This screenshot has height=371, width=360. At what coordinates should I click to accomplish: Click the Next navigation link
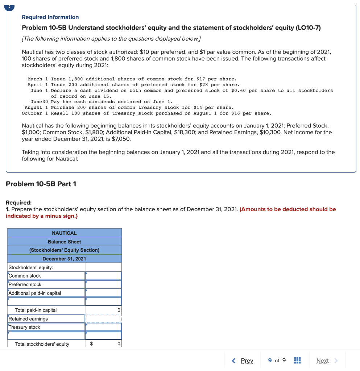coord(322,360)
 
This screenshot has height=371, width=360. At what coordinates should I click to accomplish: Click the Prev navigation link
coord(247,360)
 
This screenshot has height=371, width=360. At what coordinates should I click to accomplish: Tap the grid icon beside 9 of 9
coord(297,360)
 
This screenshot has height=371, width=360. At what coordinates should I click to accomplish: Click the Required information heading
coord(50,17)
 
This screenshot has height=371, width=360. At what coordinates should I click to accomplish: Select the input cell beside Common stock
coord(103,276)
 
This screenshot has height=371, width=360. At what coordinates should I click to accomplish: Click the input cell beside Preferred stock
coord(103,284)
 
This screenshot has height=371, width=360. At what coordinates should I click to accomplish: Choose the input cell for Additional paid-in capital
coord(103,293)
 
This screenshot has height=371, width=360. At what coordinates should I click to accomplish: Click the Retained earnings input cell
coord(103,319)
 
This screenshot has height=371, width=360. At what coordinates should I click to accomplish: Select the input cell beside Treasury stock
coord(103,327)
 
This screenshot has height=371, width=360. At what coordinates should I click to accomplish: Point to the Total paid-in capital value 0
coord(119,310)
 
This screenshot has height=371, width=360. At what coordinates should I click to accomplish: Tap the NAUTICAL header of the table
coord(64,233)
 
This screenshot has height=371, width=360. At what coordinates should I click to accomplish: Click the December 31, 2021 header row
coord(64,259)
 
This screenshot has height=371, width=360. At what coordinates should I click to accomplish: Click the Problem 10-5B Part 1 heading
coord(41,184)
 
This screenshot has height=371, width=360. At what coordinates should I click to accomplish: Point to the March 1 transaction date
coord(35,79)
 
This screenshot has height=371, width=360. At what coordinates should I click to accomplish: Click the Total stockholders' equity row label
coord(42,344)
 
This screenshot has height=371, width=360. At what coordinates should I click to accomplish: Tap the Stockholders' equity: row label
coord(31,267)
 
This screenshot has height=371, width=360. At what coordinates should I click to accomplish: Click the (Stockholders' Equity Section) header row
coord(64,250)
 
